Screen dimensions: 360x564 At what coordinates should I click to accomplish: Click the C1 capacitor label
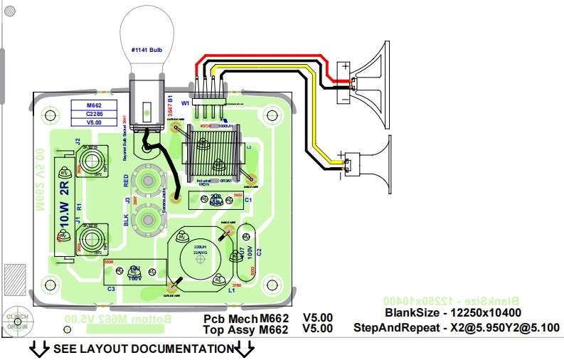[248, 201]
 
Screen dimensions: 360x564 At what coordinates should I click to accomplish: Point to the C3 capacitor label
[111, 288]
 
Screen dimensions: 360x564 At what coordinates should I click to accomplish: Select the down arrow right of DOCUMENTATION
[245, 349]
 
